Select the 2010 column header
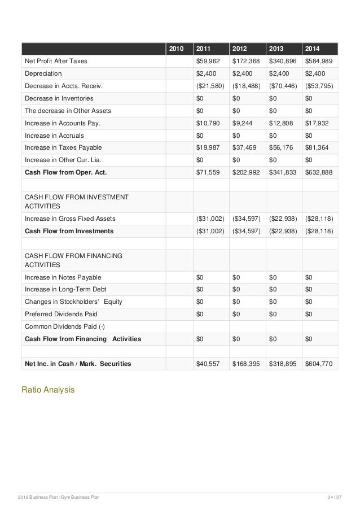tap(177, 49)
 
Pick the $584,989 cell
tap(319, 61)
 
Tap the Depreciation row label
tap(43, 73)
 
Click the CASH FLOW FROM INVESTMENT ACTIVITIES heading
tap(76, 202)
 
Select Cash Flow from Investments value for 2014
tap(319, 231)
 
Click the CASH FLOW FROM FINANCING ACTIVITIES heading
tap(73, 260)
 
